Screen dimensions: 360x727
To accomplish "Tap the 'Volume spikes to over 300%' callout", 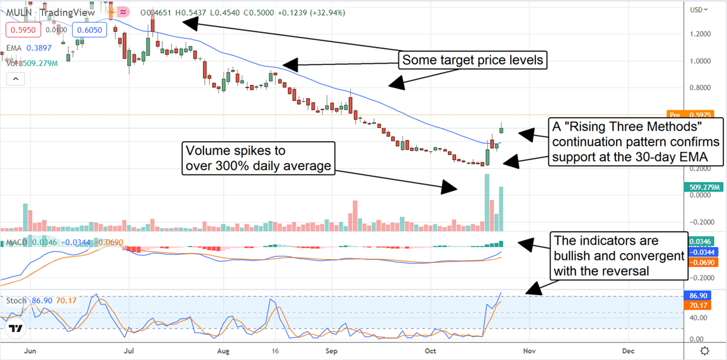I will click(259, 158).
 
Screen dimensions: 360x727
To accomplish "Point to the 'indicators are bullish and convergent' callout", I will click(619, 256).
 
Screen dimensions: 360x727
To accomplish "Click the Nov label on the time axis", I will click(529, 351).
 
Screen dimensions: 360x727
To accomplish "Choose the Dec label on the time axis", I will click(628, 351).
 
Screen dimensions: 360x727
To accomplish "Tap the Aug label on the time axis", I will click(223, 351).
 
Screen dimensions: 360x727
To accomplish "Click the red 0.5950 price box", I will click(22, 29).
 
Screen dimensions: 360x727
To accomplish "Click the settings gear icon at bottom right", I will click(705, 351).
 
